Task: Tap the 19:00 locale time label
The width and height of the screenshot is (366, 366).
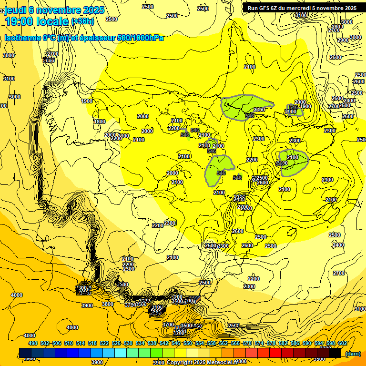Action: pyautogui.click(x=37, y=21)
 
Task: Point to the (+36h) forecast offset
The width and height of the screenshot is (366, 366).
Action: pyautogui.click(x=82, y=21)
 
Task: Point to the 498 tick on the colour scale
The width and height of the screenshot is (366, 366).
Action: pyautogui.click(x=33, y=343)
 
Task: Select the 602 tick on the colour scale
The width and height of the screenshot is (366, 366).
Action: pyautogui.click(x=343, y=343)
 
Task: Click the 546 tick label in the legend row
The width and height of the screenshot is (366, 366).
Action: pyautogui.click(x=176, y=343)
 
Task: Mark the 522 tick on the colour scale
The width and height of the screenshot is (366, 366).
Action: pyautogui.click(x=104, y=343)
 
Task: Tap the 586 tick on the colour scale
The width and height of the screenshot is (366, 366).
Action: pyautogui.click(x=295, y=343)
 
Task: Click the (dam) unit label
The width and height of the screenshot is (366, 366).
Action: pyautogui.click(x=353, y=353)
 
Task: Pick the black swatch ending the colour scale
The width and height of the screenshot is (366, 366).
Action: pyautogui.click(x=335, y=353)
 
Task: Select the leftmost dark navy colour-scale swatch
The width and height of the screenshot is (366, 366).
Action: pyautogui.click(x=25, y=353)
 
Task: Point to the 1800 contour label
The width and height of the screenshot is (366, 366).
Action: pyautogui.click(x=100, y=122)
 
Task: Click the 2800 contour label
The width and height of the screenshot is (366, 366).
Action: pyautogui.click(x=337, y=27)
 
